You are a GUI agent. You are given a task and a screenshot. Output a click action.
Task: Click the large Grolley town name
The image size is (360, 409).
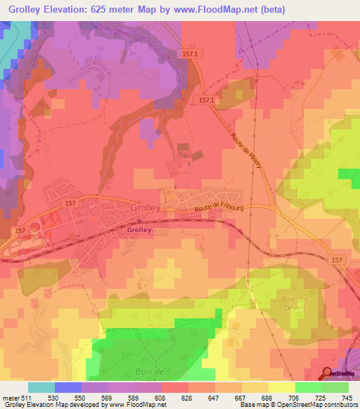[x=146, y=208]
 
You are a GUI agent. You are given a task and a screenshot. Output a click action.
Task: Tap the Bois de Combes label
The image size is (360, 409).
[x=149, y=375]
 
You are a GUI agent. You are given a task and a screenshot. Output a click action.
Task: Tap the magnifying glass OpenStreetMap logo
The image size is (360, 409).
[x=328, y=373]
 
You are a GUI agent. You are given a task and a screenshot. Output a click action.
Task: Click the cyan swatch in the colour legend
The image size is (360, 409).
[x=41, y=387]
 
